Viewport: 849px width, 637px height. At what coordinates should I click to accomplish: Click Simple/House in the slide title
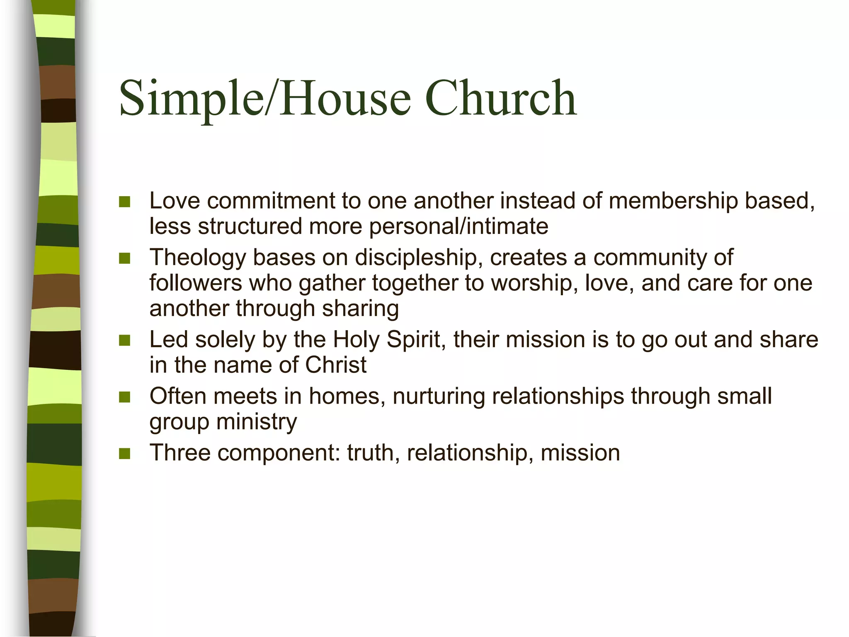[265, 99]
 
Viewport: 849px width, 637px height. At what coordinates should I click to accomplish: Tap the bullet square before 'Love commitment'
[124, 202]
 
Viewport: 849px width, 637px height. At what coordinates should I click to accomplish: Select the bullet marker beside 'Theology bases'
[124, 258]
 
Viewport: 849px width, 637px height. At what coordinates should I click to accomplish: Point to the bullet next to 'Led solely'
[124, 340]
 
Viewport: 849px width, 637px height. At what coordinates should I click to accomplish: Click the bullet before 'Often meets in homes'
[124, 397]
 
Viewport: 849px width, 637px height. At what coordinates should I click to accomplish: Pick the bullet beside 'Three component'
[124, 453]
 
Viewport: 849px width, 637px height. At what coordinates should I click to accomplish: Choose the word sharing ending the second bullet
[360, 309]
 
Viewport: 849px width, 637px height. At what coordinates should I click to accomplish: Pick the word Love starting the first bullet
[175, 201]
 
